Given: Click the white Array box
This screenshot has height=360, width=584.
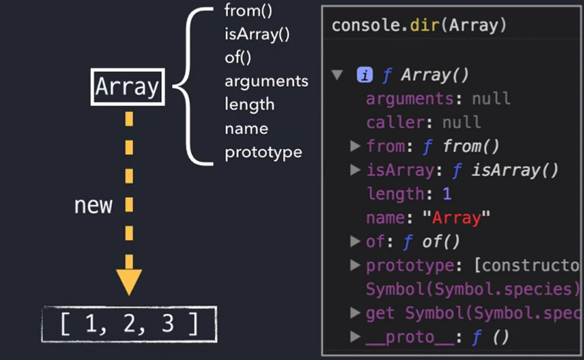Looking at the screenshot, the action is click(127, 87).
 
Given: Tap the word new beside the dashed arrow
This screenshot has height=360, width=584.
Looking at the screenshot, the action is click(93, 205).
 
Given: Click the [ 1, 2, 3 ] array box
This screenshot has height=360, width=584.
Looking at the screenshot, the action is click(129, 325).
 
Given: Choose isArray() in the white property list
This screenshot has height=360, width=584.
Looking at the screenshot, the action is click(257, 34).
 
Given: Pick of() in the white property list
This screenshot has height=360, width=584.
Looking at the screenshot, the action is click(238, 57).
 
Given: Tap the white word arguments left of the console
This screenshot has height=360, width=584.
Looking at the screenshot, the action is click(266, 81).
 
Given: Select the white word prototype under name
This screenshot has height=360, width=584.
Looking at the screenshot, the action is click(263, 152).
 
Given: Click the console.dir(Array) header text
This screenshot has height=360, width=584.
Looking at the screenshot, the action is click(419, 26).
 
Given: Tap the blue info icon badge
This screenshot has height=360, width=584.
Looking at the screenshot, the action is click(365, 75).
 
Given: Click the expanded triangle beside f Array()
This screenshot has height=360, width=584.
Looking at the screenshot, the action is click(337, 75).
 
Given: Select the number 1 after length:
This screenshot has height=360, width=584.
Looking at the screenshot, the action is click(446, 193).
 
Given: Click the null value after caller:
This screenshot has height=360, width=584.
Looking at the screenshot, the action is click(461, 122).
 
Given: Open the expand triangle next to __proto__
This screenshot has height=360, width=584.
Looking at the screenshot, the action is click(355, 336).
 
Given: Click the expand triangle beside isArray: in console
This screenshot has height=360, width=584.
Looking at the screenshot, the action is click(355, 170).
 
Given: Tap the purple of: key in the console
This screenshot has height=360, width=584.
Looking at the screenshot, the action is click(378, 241).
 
